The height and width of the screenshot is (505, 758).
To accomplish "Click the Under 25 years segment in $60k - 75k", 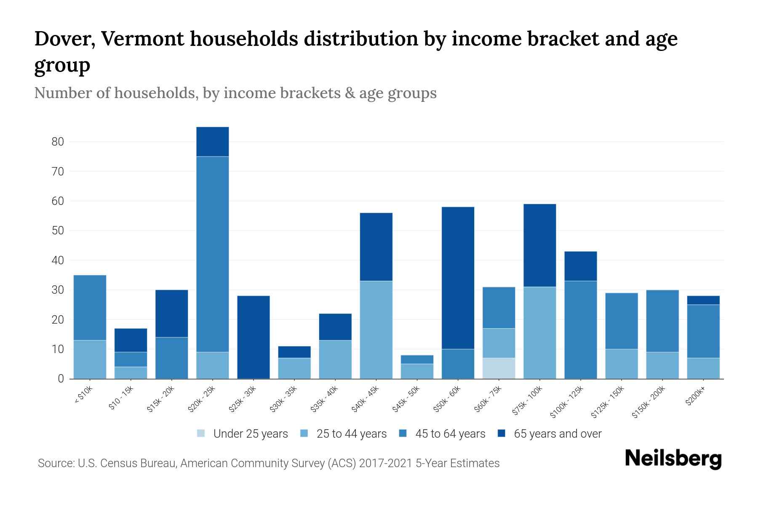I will click(499, 368).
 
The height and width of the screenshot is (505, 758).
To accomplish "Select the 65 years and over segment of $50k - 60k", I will click(458, 278).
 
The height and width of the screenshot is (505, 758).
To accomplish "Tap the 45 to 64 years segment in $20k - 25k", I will click(213, 254).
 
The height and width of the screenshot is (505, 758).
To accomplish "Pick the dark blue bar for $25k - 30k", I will click(254, 337).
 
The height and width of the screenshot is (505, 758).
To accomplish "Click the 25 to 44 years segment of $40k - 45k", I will click(376, 330).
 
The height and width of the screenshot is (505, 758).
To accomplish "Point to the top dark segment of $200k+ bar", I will click(703, 300).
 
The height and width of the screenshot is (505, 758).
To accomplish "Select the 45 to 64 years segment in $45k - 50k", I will click(417, 359).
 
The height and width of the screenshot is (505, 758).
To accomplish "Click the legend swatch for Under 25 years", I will click(201, 433).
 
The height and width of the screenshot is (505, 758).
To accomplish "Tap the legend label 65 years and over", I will click(558, 433).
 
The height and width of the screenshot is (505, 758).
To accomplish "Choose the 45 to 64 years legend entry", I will click(450, 433).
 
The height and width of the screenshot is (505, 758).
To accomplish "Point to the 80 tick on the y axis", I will click(58, 142).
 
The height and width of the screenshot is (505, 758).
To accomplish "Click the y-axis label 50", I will click(58, 231).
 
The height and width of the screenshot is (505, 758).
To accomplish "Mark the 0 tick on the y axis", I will click(61, 379).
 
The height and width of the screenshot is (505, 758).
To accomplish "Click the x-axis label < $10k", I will click(83, 396).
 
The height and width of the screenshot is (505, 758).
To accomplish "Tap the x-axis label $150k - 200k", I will click(648, 402).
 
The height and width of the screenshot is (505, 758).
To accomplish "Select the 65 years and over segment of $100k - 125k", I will click(581, 266).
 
